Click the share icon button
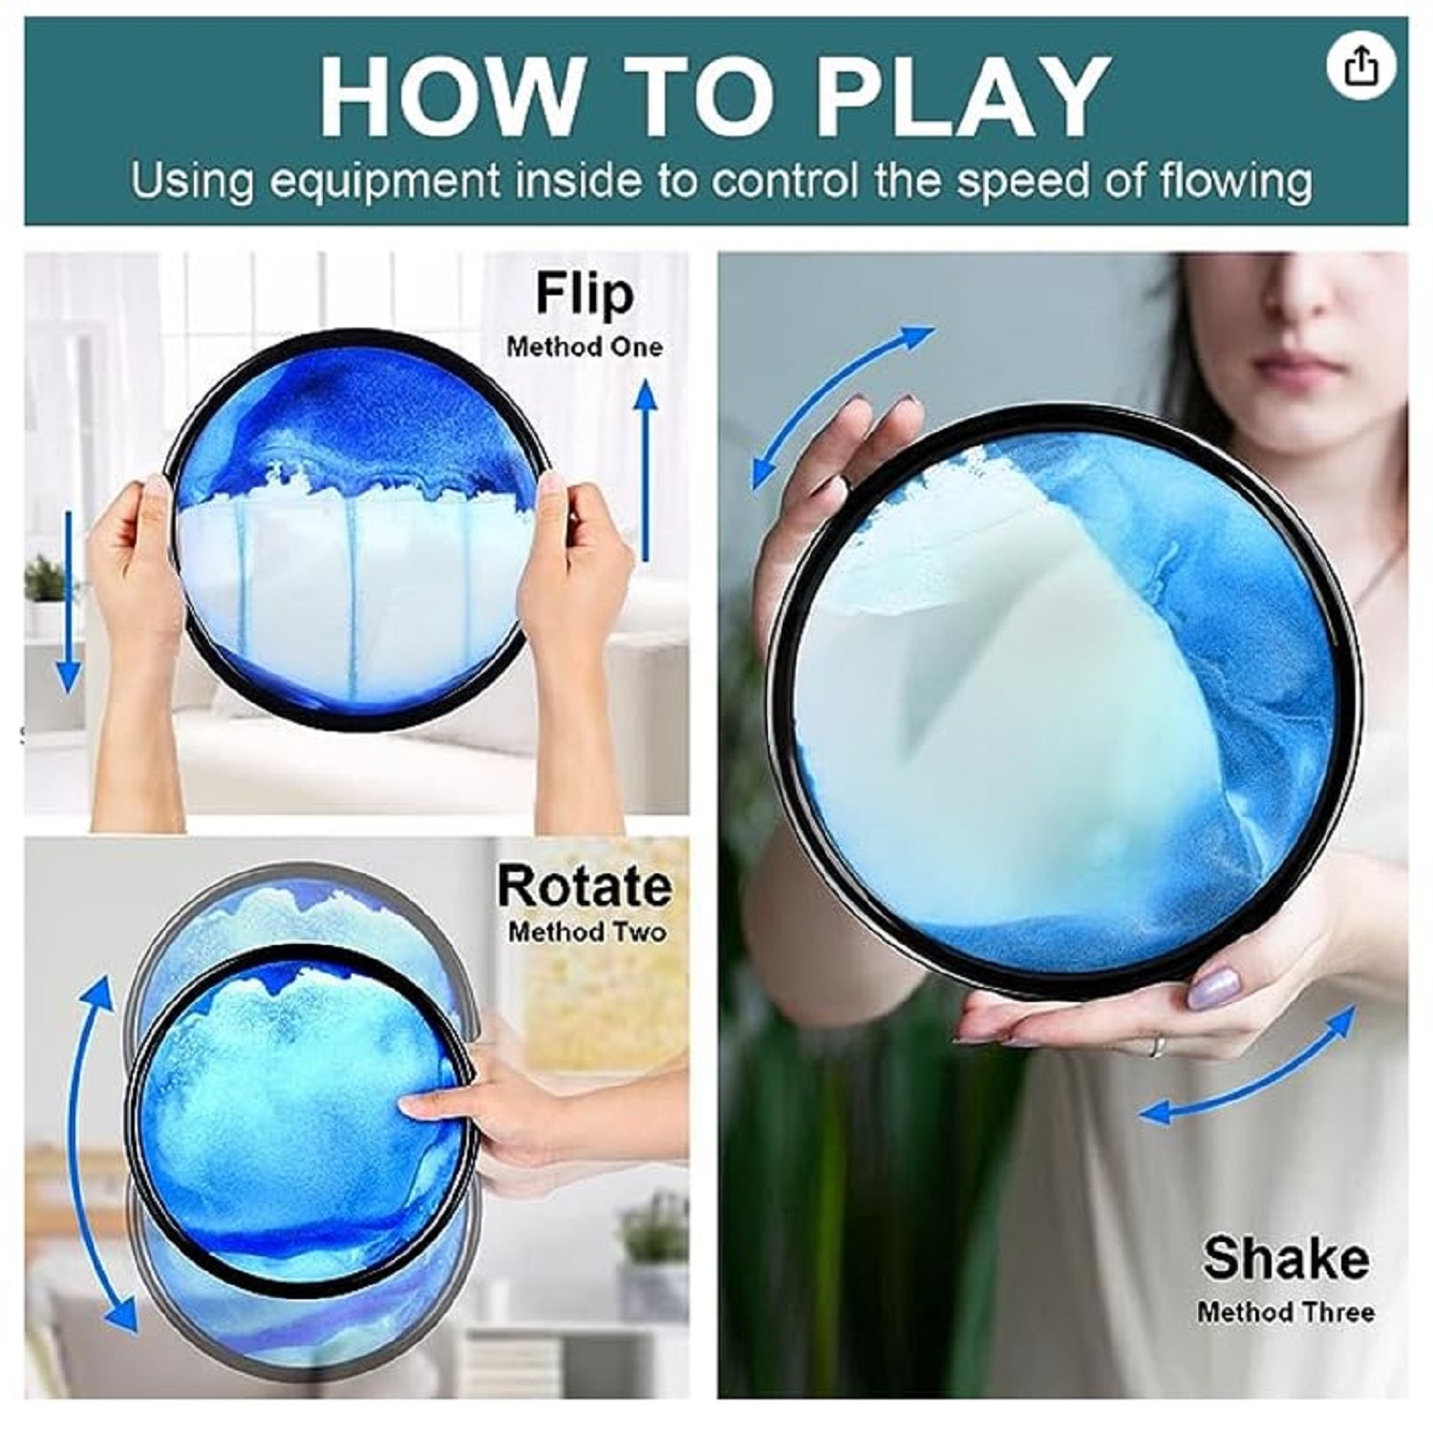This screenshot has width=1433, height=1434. click(1361, 66)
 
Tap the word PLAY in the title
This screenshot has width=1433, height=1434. click(962, 98)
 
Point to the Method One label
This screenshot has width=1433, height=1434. click(585, 347)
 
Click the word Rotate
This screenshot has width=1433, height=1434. click(585, 887)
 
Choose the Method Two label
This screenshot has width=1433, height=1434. click(587, 931)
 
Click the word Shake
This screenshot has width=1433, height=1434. click(1286, 1258)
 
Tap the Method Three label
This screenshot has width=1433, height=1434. click(1286, 1313)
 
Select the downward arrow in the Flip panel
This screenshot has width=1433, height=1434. click(68, 602)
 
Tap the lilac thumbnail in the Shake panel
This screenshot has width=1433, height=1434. click(1213, 989)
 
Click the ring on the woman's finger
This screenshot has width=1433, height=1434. click(1157, 1046)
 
